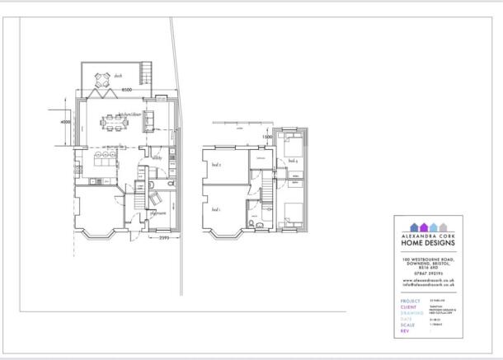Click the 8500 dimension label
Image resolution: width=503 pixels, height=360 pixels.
point(127,89)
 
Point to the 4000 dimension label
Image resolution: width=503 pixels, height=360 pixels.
point(66,122)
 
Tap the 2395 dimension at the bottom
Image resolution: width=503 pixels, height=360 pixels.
point(163,239)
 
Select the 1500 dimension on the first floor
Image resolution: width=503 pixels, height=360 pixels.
point(267,138)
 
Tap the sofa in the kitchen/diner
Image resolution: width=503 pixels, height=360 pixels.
point(150,121)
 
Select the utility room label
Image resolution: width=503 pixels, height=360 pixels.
point(156,158)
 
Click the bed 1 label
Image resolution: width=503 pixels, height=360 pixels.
point(216,210)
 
